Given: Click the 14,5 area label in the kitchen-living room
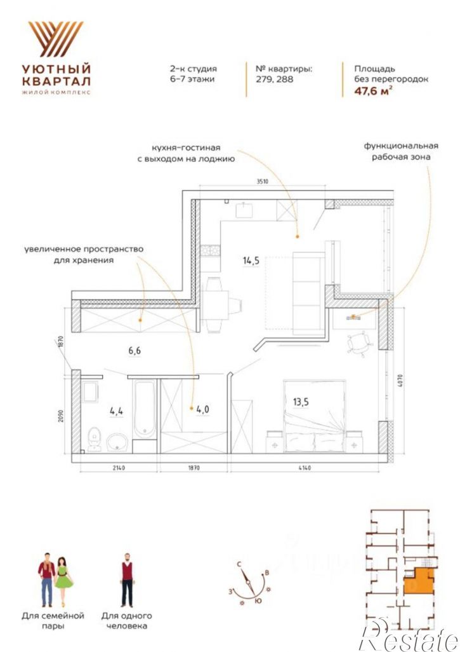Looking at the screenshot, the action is (x=251, y=261).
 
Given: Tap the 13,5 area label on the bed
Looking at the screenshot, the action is (x=301, y=402).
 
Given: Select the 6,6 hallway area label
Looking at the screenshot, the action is (x=135, y=351).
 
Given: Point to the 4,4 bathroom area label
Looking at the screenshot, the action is (x=116, y=411).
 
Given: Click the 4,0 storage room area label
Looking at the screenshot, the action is (x=202, y=409).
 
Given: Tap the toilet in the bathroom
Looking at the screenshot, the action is (x=95, y=438).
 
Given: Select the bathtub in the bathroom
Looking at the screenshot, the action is (x=145, y=409).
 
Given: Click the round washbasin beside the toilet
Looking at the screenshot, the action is (x=117, y=442).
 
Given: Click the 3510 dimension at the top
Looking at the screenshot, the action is (x=263, y=181).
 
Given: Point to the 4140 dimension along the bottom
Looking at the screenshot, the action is (x=305, y=468).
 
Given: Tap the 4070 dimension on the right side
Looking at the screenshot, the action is (x=400, y=381).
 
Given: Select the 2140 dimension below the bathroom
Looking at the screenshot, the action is (x=118, y=468).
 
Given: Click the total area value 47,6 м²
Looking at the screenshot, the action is (x=373, y=91).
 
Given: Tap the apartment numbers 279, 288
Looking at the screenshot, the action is (x=275, y=79).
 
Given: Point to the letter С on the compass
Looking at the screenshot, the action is (x=239, y=564).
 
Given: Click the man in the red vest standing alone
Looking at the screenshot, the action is (x=127, y=580).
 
